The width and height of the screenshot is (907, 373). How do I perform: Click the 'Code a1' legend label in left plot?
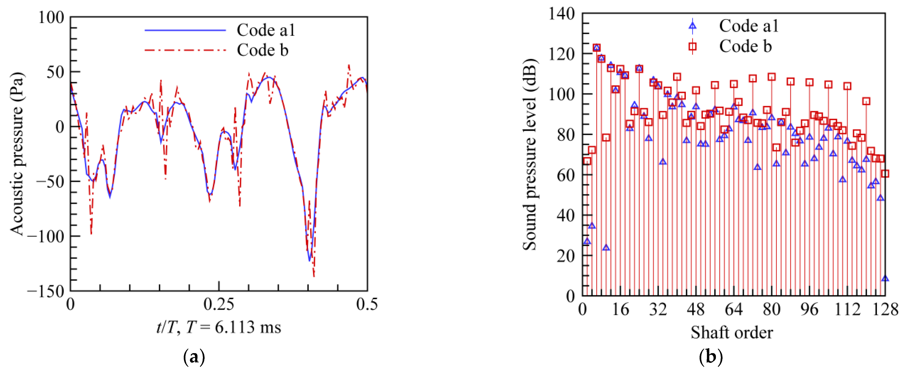click(266, 30)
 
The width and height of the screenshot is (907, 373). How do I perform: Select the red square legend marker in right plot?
click(692, 46)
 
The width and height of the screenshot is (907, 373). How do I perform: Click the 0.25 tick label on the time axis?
click(219, 304)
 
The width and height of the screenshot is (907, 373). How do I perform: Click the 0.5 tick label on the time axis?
click(367, 304)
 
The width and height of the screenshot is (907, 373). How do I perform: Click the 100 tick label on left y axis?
click(51, 17)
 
